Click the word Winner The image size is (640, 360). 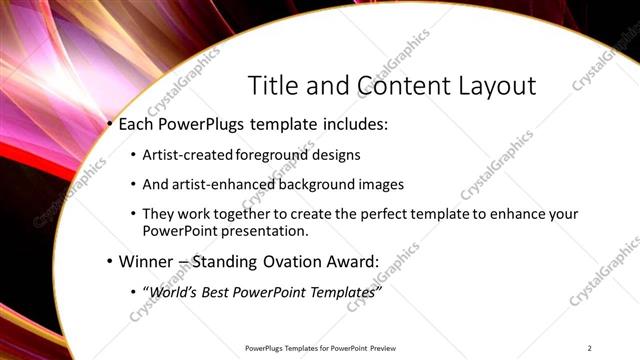pyautogui.click(x=146, y=262)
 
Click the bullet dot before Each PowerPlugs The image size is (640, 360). pyautogui.click(x=110, y=126)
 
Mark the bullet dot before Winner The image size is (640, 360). pyautogui.click(x=110, y=262)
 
